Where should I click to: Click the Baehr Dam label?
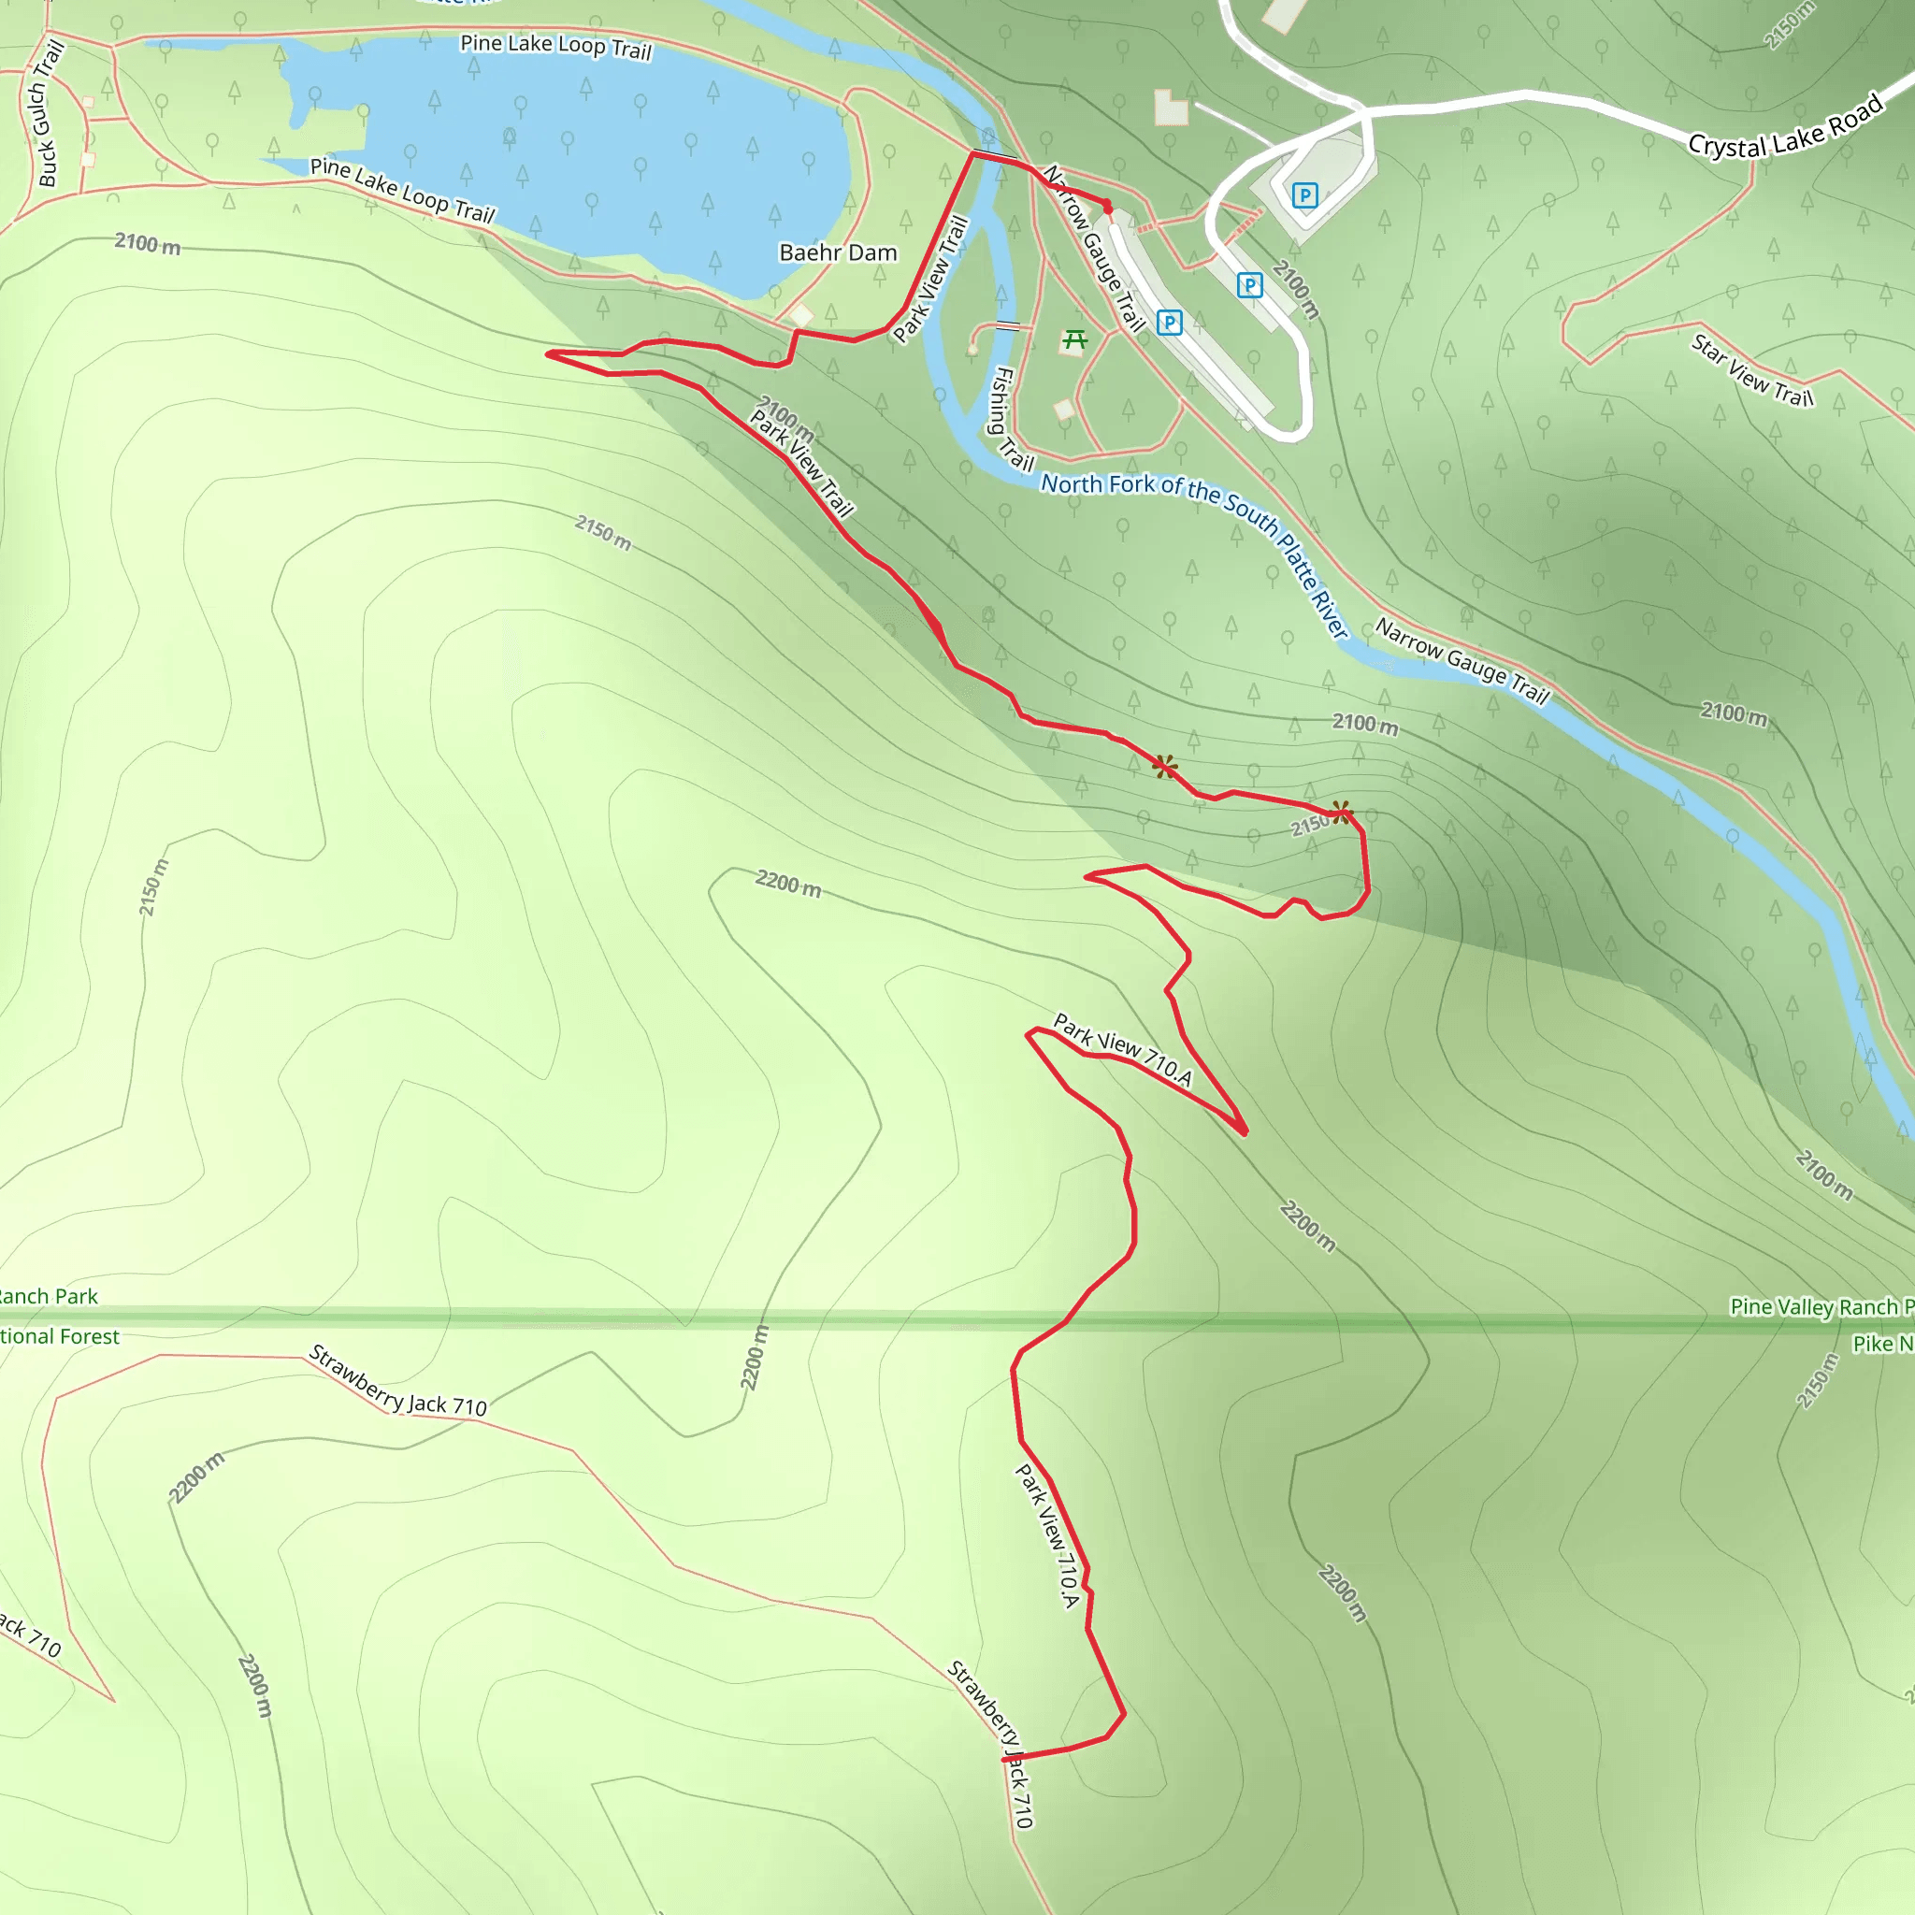pyautogui.click(x=838, y=252)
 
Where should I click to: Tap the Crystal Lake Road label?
pyautogui.click(x=1785, y=127)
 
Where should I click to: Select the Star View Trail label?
pyautogui.click(x=1752, y=370)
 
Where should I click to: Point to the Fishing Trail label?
pyautogui.click(x=1012, y=418)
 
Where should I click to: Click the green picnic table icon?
pyautogui.click(x=1074, y=341)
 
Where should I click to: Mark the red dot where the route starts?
pyautogui.click(x=1108, y=208)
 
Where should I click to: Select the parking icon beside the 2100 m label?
pyautogui.click(x=1250, y=285)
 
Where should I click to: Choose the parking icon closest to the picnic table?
pyautogui.click(x=1170, y=323)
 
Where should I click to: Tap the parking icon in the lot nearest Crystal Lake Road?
pyautogui.click(x=1304, y=195)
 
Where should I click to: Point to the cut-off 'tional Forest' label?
pyautogui.click(x=60, y=1336)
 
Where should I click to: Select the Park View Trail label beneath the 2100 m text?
pyautogui.click(x=801, y=464)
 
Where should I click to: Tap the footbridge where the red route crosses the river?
pyautogui.click(x=995, y=154)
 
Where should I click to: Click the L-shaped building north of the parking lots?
pyautogui.click(x=1170, y=106)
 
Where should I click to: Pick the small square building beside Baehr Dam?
pyautogui.click(x=801, y=316)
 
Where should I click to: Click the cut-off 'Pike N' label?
pyautogui.click(x=1882, y=1343)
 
